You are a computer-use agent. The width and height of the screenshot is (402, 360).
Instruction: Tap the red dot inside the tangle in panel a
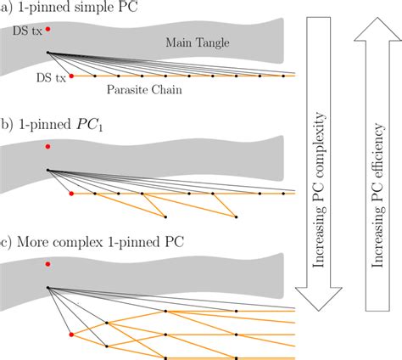[47, 30]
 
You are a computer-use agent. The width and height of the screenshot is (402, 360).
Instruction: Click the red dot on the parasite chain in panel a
[71, 76]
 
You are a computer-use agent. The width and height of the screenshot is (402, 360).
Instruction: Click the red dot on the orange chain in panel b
[71, 194]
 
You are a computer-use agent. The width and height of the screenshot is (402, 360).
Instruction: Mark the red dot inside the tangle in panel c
[47, 264]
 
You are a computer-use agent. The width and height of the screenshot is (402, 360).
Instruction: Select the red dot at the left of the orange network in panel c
[71, 335]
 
